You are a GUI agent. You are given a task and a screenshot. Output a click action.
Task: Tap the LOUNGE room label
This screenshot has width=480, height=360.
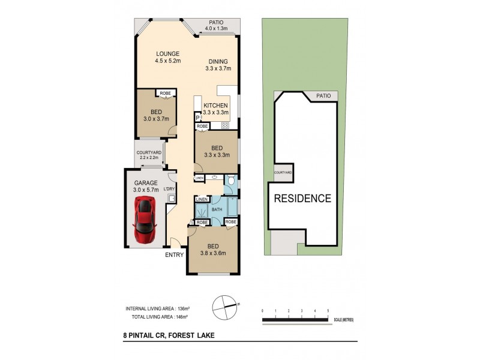point(168,53)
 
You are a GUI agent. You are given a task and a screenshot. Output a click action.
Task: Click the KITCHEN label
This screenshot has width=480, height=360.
point(215,105)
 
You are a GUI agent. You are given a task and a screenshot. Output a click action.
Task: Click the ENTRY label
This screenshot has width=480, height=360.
point(175,255)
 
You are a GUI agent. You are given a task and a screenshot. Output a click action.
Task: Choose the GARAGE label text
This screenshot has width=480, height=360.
point(145,183)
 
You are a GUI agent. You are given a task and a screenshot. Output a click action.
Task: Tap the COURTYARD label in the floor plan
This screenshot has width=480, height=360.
point(148,152)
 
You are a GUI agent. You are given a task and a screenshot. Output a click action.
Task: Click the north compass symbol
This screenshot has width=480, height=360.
point(225,304)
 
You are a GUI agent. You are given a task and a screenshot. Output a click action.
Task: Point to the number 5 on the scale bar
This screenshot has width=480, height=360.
point(328,310)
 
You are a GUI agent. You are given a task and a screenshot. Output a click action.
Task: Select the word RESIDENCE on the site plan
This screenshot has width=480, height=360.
point(303,198)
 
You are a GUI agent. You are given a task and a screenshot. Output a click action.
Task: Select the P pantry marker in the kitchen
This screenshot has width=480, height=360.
point(197,118)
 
